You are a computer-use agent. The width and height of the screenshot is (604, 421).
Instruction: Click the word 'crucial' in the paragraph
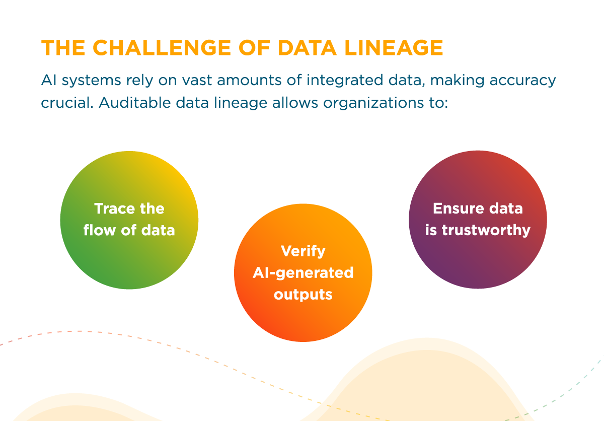tap(66, 102)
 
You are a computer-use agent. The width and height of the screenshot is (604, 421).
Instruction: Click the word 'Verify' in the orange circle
tap(303, 251)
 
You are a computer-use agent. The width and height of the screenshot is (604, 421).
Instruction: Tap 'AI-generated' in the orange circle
tap(303, 272)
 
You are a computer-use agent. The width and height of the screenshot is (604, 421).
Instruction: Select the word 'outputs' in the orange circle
tap(303, 294)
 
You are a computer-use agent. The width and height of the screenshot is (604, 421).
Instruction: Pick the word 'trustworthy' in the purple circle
tap(486, 230)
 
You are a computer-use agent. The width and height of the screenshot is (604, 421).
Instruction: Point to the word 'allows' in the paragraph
tap(295, 102)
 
